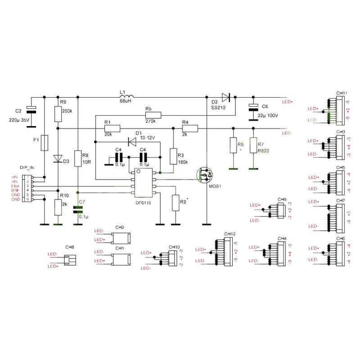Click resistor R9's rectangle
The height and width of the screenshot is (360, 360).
coord(57,114)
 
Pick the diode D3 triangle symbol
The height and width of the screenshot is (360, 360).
coord(57,158)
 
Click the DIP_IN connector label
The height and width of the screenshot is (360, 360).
coord(27,167)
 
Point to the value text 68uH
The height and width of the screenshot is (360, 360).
coord(126,101)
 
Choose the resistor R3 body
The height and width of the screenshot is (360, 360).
coord(173,156)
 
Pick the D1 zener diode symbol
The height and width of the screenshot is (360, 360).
coord(133,142)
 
